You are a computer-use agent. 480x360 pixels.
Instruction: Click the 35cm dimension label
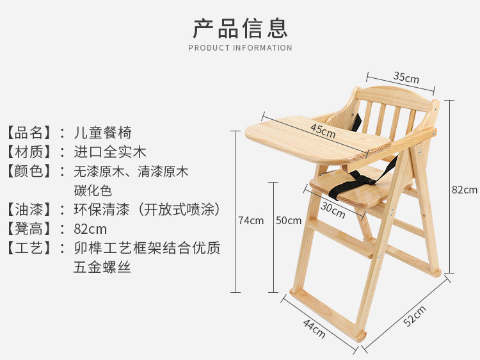406,78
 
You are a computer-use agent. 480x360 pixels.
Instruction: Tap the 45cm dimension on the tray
323,131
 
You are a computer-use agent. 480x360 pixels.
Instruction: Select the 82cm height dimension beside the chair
464,190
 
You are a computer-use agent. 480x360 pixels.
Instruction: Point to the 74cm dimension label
251,220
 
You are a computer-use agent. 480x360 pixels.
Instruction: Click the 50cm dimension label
289,220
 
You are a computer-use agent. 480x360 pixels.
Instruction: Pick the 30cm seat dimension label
333,209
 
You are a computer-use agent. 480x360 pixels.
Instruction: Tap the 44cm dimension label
314,329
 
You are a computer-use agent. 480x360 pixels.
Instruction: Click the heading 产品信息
240,28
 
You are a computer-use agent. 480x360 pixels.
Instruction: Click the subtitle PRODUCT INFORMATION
240,48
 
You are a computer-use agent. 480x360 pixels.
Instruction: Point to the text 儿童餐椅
102,133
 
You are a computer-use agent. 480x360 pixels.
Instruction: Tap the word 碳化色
93,190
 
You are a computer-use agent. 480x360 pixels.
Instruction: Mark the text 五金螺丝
102,267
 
